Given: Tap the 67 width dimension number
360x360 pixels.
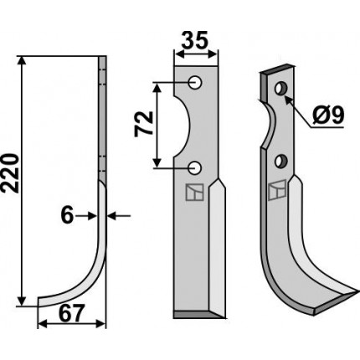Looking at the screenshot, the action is pos(71,313).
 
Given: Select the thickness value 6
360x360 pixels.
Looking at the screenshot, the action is pos(67,216).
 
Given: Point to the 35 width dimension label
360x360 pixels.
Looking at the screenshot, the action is pos(195,39).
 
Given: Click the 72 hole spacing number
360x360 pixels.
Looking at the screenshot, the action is pos(144,124).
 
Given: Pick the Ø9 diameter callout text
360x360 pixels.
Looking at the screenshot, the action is pos(328,116).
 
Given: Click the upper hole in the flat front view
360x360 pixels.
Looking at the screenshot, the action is pos(195,83).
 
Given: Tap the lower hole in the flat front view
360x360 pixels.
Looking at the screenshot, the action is pos(195,167).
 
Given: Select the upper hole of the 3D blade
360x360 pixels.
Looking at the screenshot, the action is pos(280,89).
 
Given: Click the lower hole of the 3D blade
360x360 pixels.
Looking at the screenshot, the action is pos(280,162).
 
